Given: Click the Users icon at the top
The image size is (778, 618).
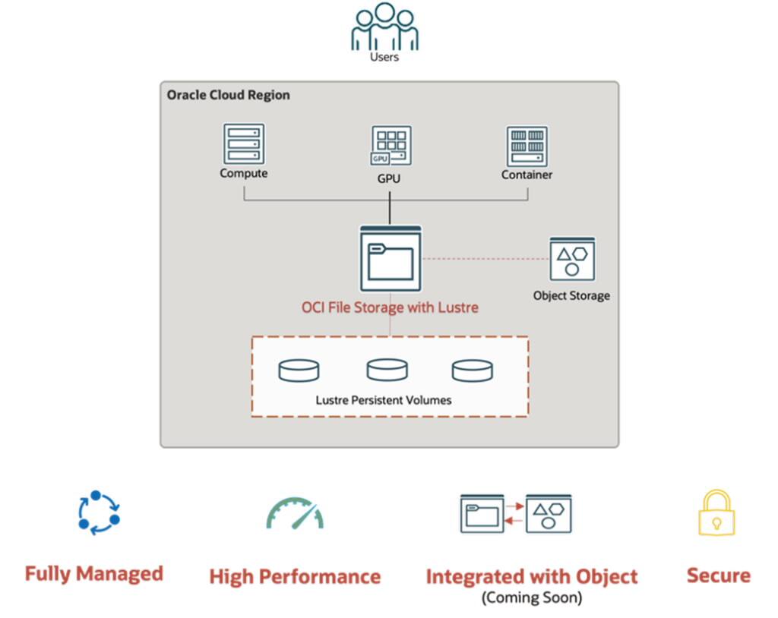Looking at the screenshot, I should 384,27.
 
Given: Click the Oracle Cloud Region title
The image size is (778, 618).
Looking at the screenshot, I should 228,96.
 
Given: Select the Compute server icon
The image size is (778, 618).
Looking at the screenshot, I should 244,143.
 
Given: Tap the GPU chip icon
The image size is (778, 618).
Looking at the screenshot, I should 391,146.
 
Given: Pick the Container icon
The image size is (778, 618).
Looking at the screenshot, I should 527,147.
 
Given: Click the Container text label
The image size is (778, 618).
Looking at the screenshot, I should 527,175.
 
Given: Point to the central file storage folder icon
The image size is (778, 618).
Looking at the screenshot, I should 391,259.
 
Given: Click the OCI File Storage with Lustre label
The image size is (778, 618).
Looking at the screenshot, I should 391,308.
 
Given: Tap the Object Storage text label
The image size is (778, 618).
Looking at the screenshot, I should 571,295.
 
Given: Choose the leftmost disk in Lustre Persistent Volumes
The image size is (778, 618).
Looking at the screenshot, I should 299,370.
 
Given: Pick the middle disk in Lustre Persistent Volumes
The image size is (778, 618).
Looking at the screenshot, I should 387,370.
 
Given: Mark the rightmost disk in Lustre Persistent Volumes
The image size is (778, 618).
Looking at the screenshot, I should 473,370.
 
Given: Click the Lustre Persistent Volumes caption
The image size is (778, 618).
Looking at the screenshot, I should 384,399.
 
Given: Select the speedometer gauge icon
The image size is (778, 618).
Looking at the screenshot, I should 295,513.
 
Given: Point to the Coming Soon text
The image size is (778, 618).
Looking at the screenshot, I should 532,598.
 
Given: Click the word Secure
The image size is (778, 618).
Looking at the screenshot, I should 718,575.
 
